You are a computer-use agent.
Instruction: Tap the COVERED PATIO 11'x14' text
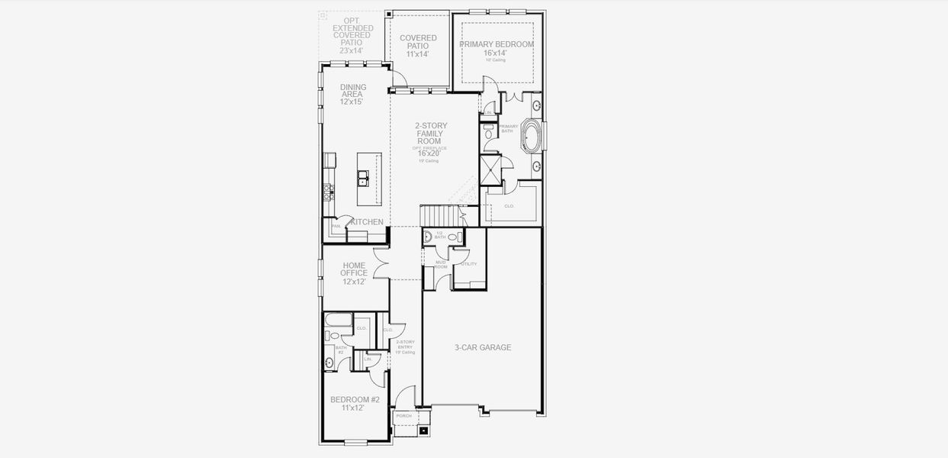point(418,46)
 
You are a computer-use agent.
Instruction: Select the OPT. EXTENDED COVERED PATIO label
point(352,35)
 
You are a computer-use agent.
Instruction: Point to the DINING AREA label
point(352,94)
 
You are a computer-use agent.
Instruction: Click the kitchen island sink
point(364,179)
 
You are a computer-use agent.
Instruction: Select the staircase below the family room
point(441,215)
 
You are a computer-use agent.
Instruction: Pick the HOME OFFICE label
point(354,273)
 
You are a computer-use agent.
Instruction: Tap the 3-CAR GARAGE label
point(483,347)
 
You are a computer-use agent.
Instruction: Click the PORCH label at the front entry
point(403,416)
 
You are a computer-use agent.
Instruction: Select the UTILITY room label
point(468,264)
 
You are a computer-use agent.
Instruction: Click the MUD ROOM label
point(441,265)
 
